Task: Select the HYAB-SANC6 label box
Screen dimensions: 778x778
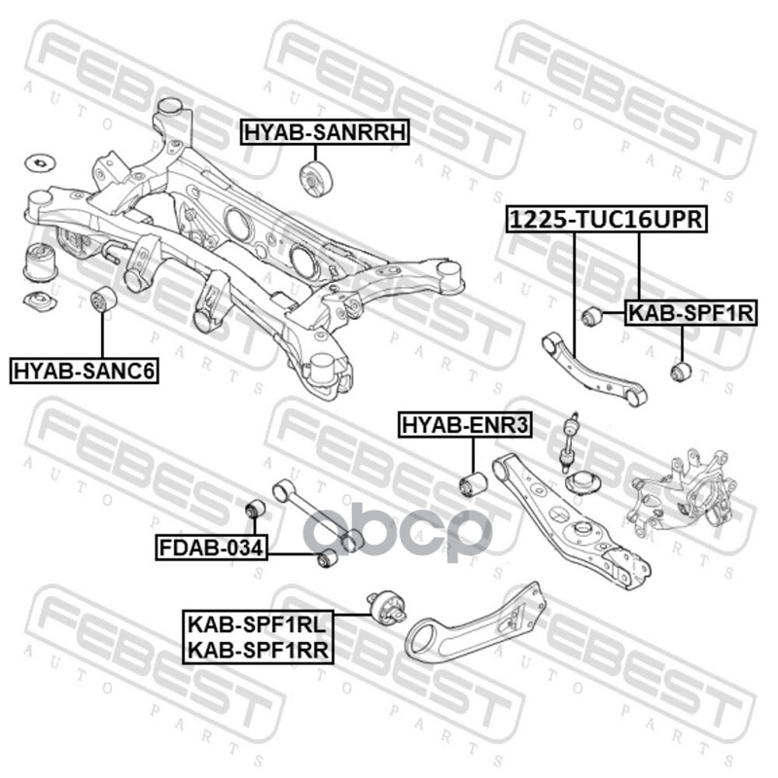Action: point(85,370)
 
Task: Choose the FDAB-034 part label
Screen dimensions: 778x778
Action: point(211,548)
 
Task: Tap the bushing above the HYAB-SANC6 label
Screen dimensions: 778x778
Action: point(103,301)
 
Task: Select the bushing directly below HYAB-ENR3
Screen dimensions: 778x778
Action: point(473,482)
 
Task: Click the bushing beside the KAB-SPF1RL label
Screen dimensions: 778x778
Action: point(385,608)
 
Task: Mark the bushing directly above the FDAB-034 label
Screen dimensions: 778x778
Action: point(254,509)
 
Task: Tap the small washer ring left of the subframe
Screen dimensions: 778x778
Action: point(41,159)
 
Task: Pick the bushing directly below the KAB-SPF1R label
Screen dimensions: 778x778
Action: point(681,371)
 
